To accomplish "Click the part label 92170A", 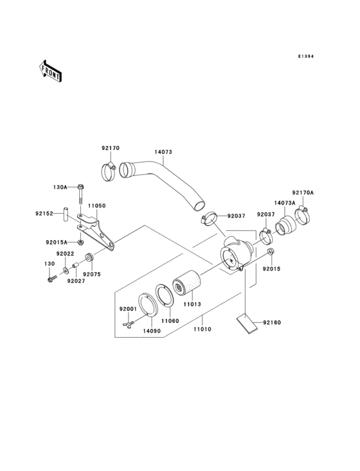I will point(302,192).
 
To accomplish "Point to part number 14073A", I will point(284,203).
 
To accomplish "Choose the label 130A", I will point(60,187).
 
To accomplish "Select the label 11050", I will point(97,205).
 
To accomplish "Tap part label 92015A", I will point(57,243).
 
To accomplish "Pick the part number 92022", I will point(64,254).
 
